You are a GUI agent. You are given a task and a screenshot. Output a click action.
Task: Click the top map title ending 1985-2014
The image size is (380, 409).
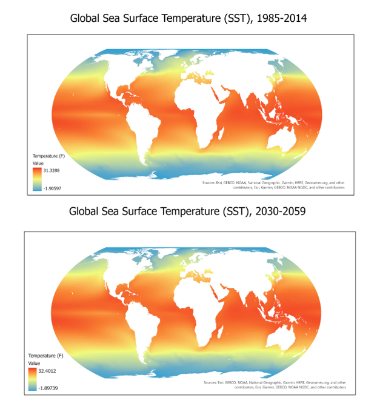click(188, 19)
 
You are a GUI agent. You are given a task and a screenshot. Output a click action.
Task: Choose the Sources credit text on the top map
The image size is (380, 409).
click(272, 185)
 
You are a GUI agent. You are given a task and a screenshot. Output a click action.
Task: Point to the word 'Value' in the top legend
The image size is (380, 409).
click(38, 163)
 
